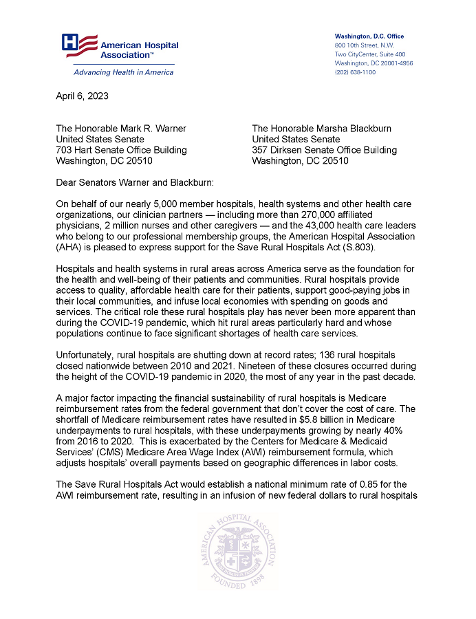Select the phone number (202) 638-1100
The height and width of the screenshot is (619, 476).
[355, 72]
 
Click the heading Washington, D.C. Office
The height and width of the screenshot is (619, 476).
[369, 36]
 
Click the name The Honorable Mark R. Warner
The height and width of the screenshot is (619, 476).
[121, 129]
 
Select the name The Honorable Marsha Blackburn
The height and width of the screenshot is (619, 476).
[322, 129]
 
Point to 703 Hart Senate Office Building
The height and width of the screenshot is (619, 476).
[121, 150]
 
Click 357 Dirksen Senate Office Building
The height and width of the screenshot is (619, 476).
[324, 150]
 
